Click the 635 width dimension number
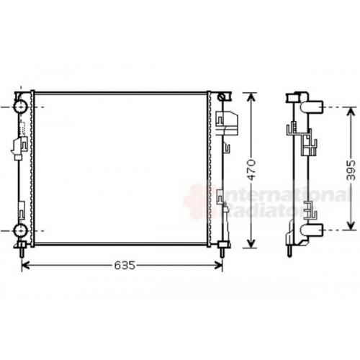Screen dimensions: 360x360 (125, 266)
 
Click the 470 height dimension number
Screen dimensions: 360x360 (250, 170)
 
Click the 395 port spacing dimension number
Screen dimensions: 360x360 (350, 170)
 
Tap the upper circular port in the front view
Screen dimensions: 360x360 (19, 107)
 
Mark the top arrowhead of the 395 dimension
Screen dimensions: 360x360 (350, 109)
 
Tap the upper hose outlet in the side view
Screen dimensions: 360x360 (315, 109)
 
